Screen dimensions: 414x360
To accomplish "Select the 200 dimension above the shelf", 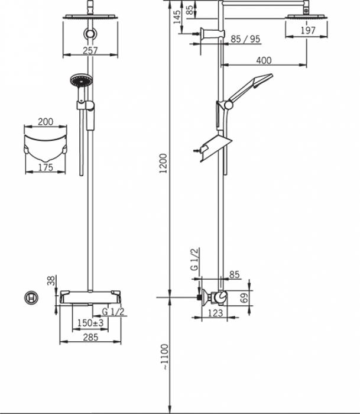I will (46, 122).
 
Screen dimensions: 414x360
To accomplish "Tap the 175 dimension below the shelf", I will (46, 167).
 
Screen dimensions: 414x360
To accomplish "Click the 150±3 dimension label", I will (90, 322).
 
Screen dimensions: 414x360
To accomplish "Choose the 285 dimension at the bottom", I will (90, 338).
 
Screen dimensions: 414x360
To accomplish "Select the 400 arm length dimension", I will (264, 60).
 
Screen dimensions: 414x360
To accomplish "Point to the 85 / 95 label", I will (245, 40).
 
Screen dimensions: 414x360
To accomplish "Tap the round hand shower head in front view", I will (79, 80).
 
